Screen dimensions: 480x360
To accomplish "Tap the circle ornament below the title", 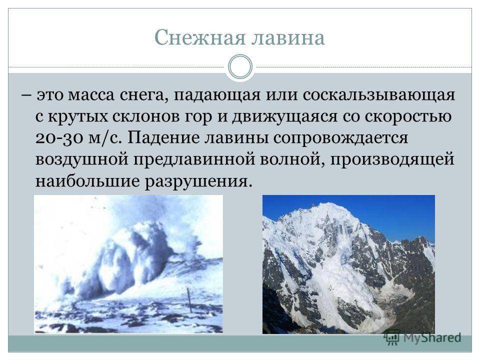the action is [x=240, y=66].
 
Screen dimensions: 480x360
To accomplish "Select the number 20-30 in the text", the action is [x=59, y=138].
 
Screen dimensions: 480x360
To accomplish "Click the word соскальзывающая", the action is [x=379, y=95].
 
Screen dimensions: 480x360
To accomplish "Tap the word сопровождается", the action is [x=340, y=138].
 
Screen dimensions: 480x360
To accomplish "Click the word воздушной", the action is [x=81, y=160].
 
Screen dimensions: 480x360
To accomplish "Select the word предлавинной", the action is [x=193, y=160].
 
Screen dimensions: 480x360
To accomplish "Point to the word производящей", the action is [x=392, y=160].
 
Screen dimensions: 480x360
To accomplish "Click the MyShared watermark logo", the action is [x=423, y=337].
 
